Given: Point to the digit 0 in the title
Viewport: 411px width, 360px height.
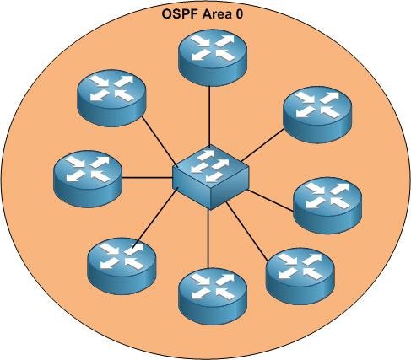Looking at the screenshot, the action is (239, 14).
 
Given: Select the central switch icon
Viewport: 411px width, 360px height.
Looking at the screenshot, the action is (210, 177).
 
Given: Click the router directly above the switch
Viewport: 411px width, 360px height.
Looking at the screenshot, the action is (213, 57).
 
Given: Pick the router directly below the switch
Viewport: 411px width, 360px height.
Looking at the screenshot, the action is (213, 297).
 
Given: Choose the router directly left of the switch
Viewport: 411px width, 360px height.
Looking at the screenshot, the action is (88, 179).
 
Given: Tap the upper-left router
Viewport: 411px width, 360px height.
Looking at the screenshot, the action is (111, 98).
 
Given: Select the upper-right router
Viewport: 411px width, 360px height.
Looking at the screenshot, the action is (317, 115).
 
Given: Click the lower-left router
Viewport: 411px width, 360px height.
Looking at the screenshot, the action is (122, 266).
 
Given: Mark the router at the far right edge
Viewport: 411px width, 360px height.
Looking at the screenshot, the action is (327, 206).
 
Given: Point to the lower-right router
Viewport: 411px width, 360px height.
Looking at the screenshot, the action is (300, 277).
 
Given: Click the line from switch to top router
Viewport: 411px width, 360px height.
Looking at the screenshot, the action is (209, 116).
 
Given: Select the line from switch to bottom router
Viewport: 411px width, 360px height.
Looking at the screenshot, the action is (208, 239).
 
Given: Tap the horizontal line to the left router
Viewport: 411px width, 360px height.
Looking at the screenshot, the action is (147, 178).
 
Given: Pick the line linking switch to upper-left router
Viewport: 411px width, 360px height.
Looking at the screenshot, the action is (160, 142).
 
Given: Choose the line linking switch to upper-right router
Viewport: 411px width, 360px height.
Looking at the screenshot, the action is (262, 145).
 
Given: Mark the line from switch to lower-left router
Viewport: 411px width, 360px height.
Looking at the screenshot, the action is (155, 218).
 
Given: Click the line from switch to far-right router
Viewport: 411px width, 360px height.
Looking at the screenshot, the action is (271, 200).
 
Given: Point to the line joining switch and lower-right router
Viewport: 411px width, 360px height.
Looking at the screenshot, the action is (246, 231).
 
